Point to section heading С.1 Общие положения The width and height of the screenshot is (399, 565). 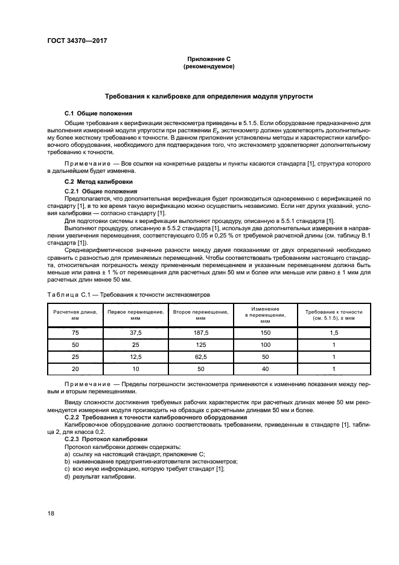click(x=98, y=113)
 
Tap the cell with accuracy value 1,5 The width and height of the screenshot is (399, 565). click(x=334, y=333)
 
